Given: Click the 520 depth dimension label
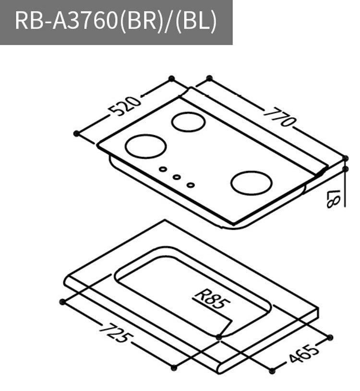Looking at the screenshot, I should tap(125, 106).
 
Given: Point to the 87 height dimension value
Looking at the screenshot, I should tap(333, 197).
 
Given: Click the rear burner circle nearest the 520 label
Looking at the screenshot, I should tap(188, 122).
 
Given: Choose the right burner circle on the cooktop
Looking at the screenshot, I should tap(251, 183).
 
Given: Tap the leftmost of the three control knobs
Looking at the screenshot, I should tap(163, 170).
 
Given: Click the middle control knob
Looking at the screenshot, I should tap(177, 177).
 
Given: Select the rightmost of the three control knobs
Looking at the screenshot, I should tap(191, 184).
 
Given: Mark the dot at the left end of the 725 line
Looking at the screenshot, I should tap(62, 301).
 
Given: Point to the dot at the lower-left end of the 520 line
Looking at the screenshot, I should tap(76, 133).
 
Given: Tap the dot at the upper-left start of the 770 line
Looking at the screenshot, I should tap(209, 77).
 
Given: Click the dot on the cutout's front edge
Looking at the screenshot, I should tap(219, 338).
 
